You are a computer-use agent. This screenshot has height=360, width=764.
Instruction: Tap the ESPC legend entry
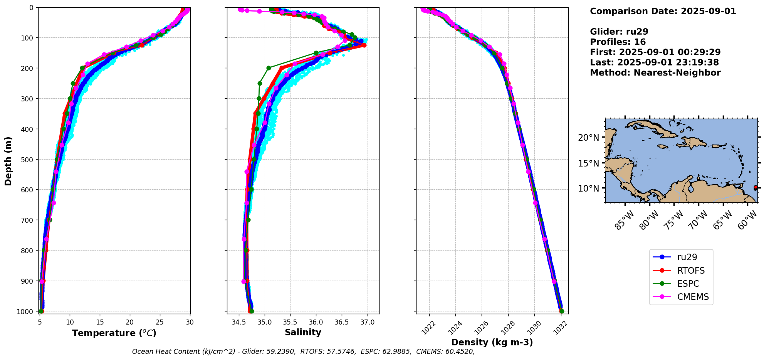[x=688, y=284]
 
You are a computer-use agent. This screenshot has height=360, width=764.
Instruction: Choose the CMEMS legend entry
[x=693, y=297]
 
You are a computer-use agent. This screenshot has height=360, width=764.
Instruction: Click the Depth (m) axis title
[x=8, y=161]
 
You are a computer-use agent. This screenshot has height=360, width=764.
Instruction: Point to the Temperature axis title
[x=114, y=333]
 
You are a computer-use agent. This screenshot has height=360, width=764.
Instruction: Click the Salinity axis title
[x=303, y=332]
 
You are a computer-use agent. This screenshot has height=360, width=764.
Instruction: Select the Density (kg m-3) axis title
[x=492, y=342]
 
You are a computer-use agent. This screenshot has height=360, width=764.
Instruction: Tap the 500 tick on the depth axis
[x=29, y=159]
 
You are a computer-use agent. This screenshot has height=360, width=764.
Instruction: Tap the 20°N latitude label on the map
[x=588, y=138]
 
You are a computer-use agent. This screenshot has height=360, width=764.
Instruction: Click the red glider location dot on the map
[x=756, y=187]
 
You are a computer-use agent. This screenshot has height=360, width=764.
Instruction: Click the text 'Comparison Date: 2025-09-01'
[x=663, y=11]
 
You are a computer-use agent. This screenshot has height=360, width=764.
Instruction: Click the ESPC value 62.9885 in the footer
[x=397, y=352]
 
